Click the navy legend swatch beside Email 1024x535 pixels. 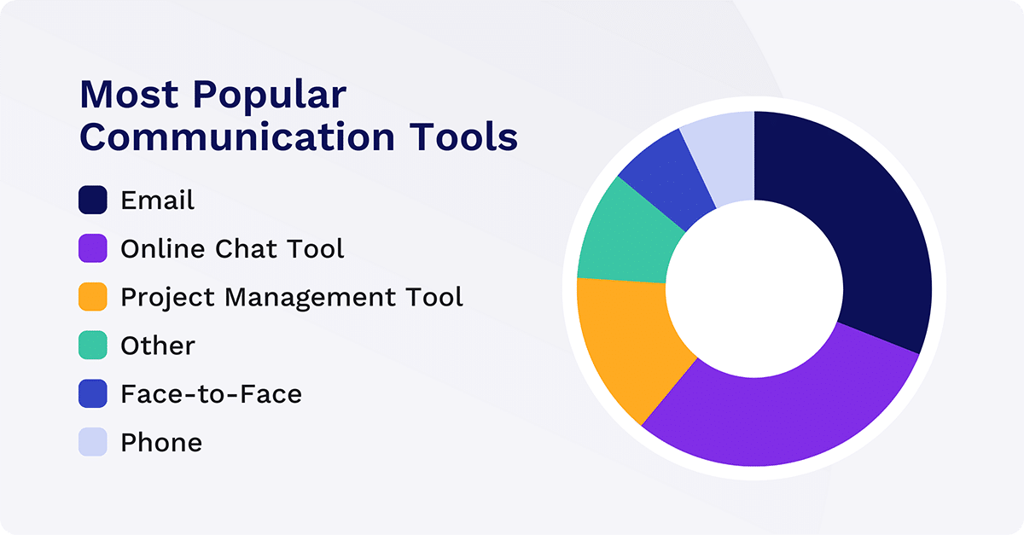click(93, 200)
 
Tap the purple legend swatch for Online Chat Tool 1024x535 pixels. click(93, 248)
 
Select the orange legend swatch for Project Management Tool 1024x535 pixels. click(93, 297)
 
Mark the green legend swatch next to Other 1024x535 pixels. click(93, 346)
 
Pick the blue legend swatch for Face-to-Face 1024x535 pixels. click(93, 394)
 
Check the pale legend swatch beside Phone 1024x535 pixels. click(93, 442)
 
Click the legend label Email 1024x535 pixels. click(158, 200)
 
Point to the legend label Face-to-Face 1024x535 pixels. click(211, 394)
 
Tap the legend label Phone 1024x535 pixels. click(161, 443)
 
